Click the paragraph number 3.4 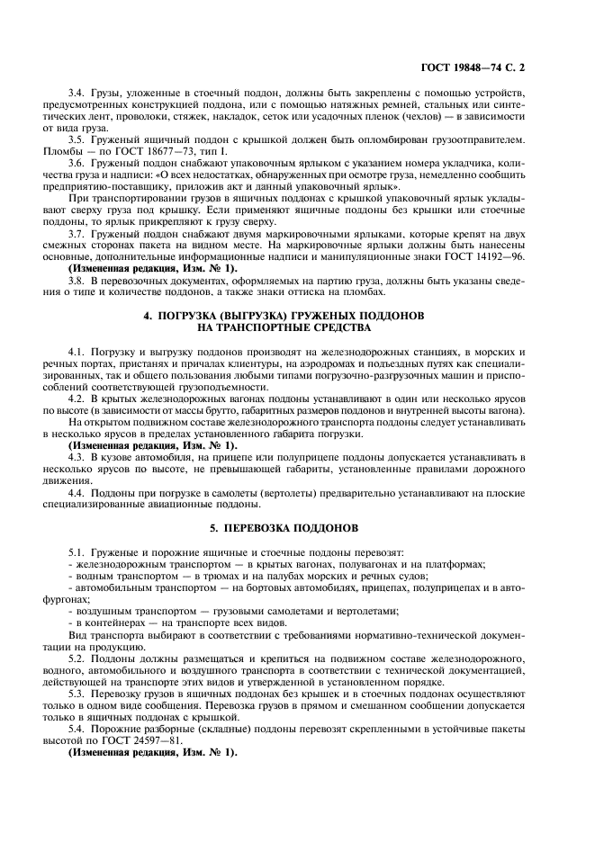pos(77,93)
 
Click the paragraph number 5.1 pos(77,551)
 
